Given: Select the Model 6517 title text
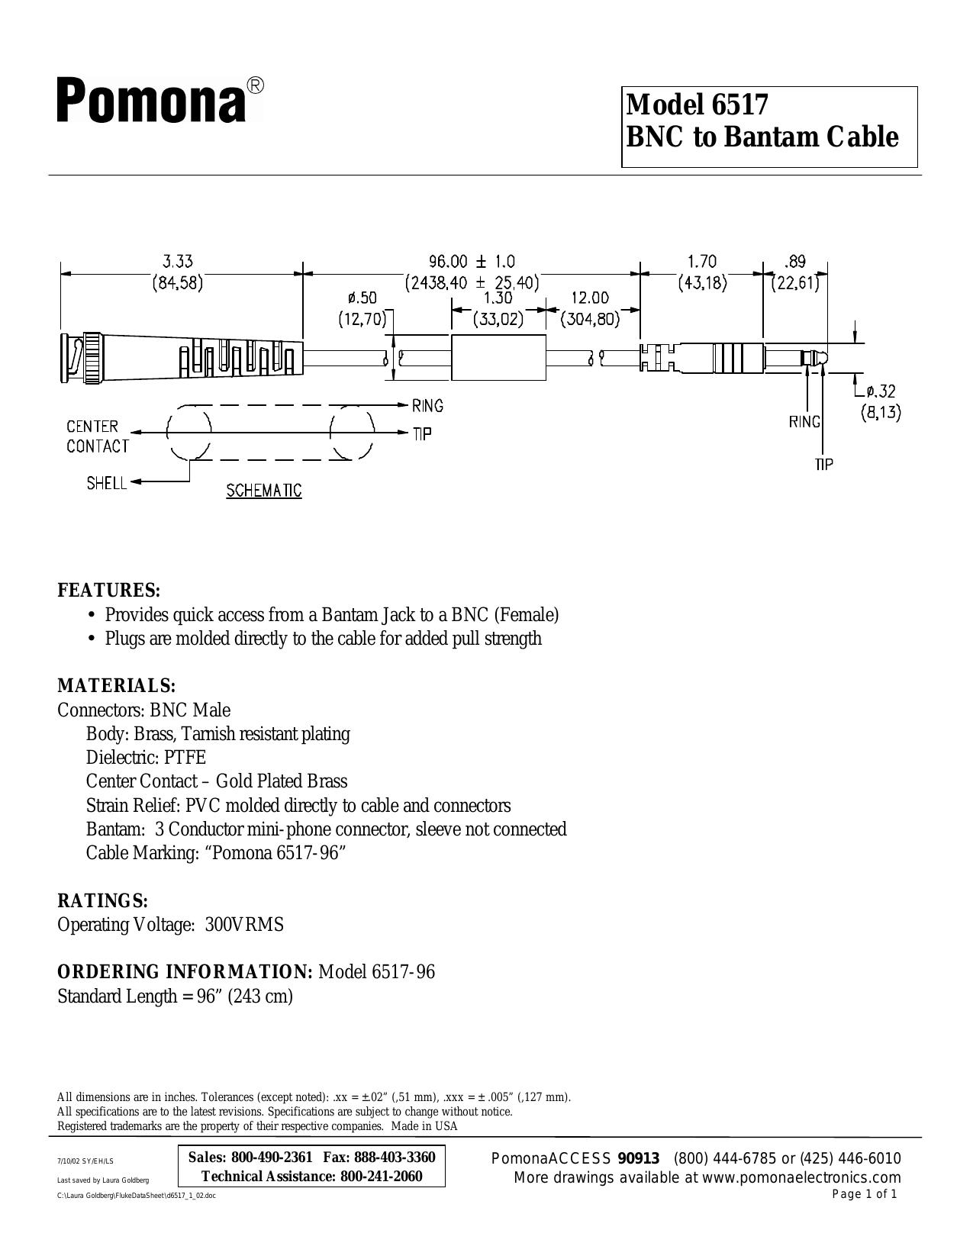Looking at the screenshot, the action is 698,105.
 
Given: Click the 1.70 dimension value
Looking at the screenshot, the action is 702,262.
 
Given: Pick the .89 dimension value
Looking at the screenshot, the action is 795,262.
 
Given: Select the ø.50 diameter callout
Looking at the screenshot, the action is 362,298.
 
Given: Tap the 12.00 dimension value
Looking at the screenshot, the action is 590,298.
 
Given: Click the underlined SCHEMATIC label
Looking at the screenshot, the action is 264,491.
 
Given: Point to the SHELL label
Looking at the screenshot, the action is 107,483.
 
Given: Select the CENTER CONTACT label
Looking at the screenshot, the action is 98,436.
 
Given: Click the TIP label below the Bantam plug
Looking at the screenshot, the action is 823,464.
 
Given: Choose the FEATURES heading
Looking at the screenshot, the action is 108,591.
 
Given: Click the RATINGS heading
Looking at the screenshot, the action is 102,901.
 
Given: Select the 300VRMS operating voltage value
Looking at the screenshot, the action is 244,925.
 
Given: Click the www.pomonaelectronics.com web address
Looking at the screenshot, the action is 801,1178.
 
